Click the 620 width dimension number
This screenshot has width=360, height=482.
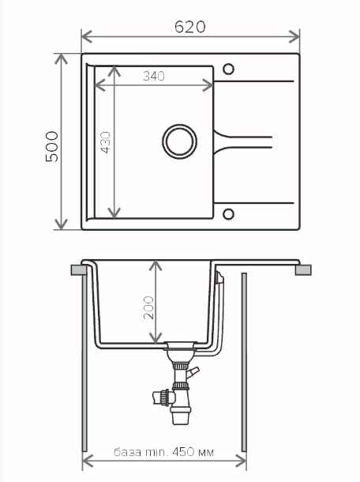[x=189, y=27]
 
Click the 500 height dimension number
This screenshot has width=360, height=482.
[x=51, y=147]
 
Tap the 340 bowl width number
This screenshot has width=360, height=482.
[x=154, y=76]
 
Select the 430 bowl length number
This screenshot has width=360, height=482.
[x=105, y=142]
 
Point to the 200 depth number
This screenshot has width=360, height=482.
[x=148, y=307]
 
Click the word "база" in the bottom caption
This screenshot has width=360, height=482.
[x=127, y=452]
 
